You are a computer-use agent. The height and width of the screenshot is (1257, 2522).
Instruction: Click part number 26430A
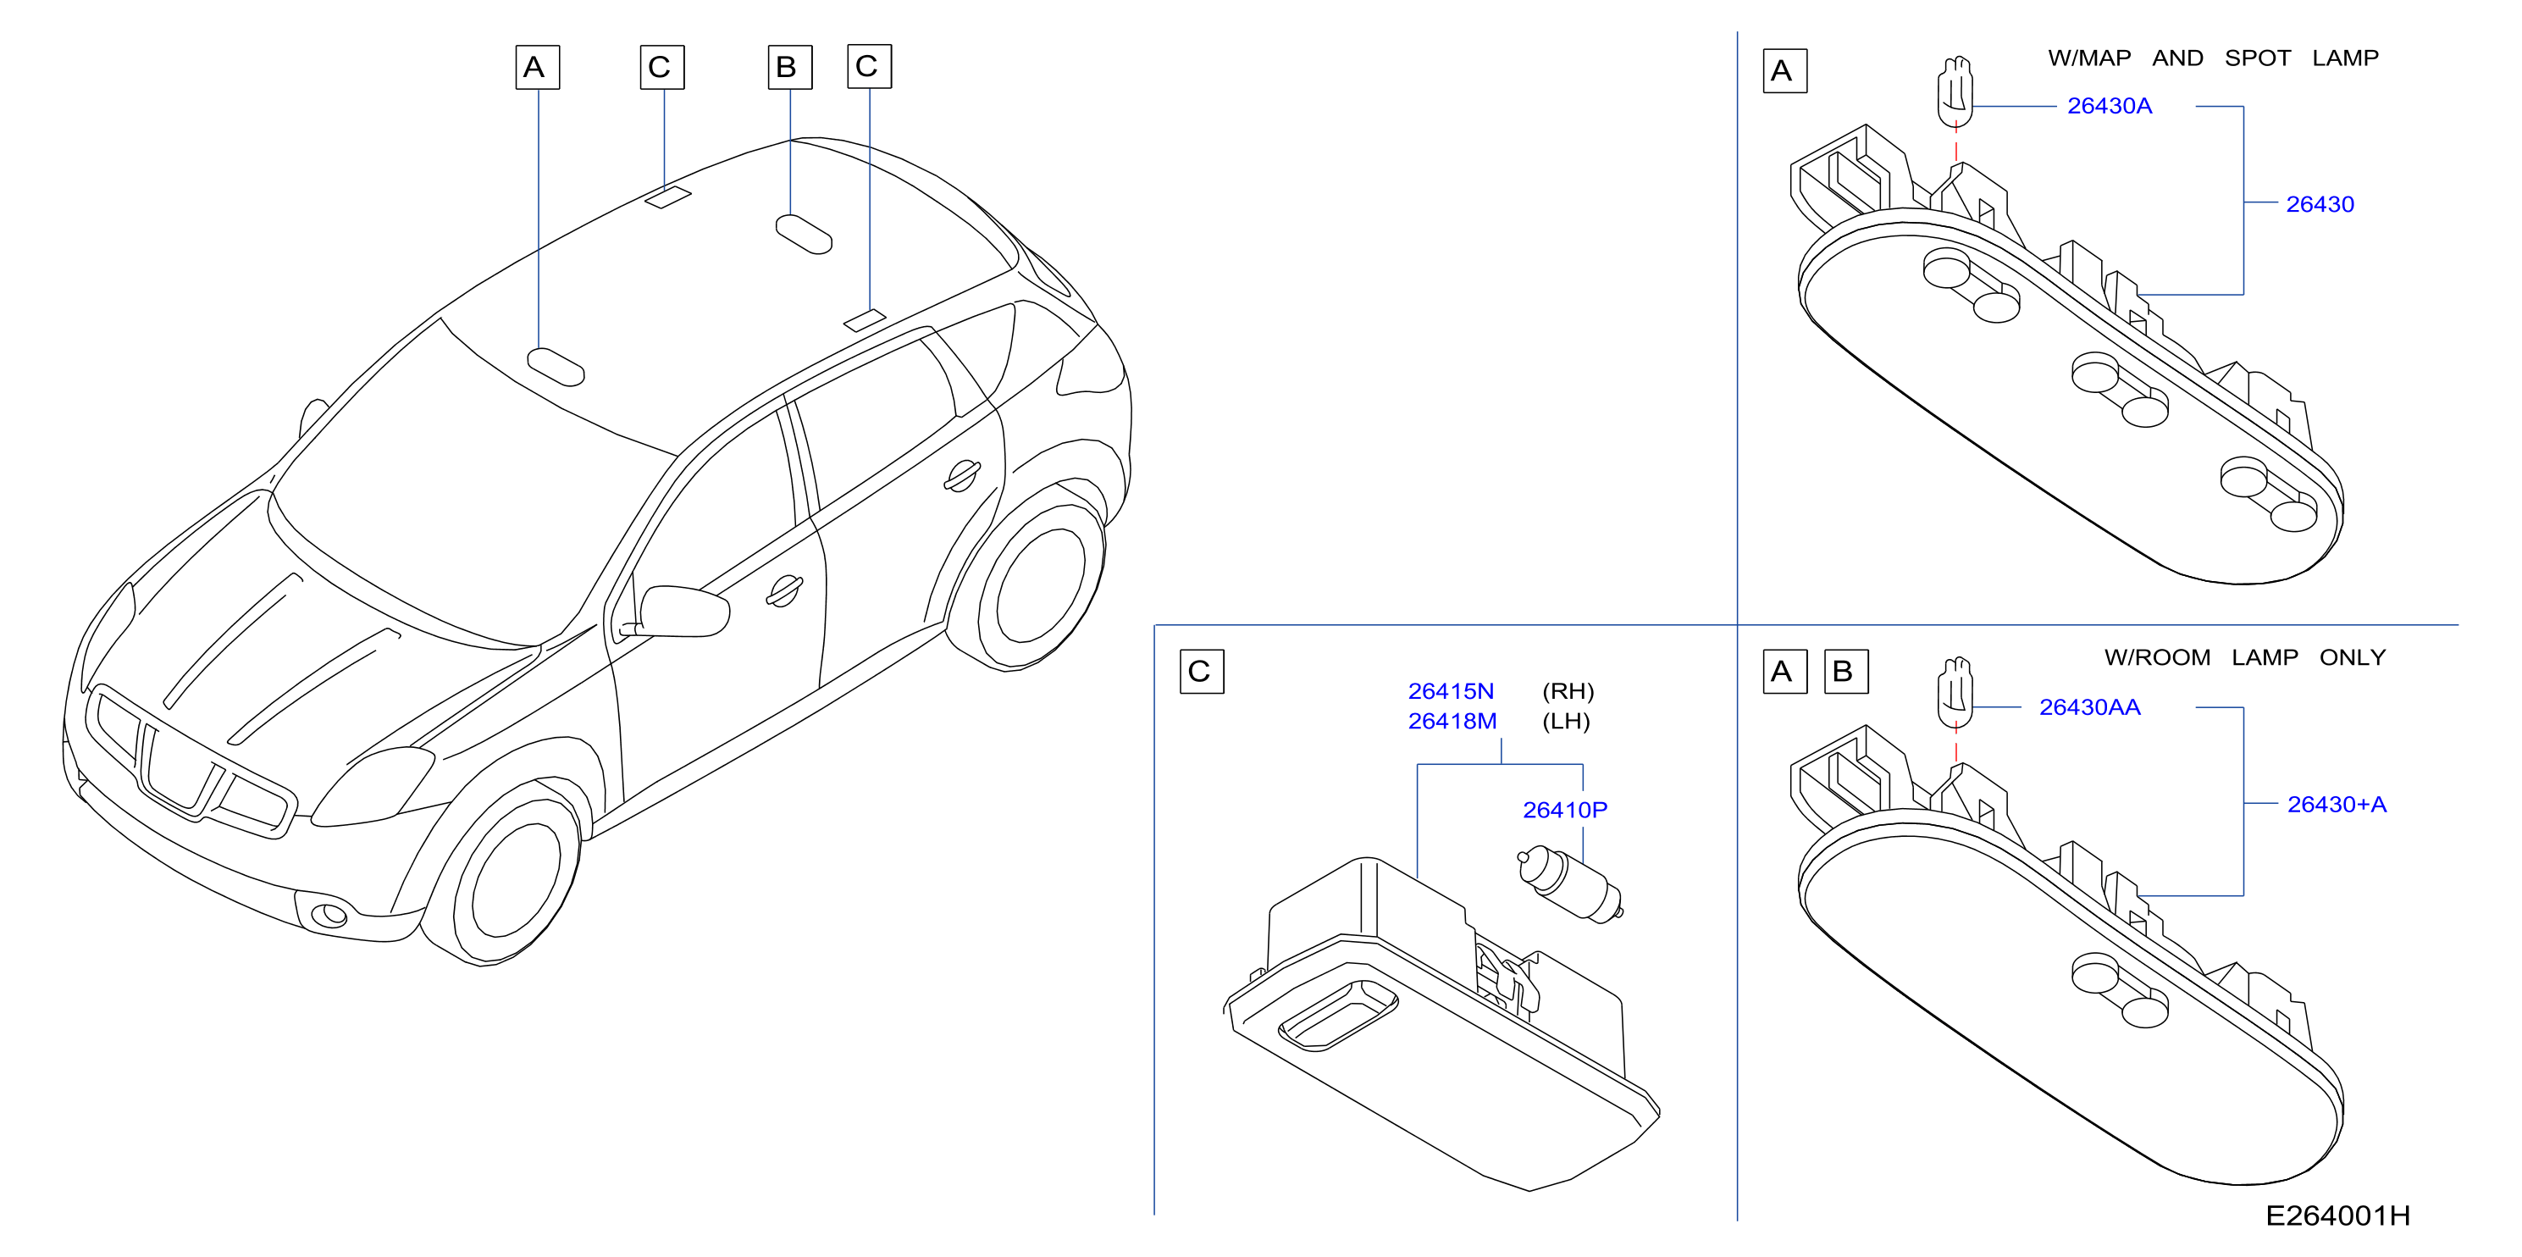[2109, 106]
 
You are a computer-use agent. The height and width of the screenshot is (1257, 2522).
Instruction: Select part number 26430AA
[2089, 706]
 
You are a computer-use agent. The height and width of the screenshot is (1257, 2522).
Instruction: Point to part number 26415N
[1450, 691]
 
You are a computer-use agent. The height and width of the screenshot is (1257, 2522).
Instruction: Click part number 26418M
[1452, 722]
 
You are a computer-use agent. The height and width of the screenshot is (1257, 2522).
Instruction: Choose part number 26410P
[1564, 810]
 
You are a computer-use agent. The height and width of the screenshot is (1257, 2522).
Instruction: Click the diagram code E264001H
[2338, 1215]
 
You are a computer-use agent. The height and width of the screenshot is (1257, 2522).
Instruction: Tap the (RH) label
[1568, 691]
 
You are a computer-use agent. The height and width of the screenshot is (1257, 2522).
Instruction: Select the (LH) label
[1567, 722]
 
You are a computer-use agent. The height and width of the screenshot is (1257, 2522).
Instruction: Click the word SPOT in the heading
[2258, 58]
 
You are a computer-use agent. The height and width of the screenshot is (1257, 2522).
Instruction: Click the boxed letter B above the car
[789, 67]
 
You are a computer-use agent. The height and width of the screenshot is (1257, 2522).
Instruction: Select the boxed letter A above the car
[538, 67]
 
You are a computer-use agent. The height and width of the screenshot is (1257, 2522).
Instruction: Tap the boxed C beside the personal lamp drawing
[1201, 672]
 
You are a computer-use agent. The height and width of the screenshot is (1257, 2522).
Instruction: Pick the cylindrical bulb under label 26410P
[1569, 885]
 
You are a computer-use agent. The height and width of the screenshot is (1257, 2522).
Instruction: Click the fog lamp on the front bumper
[330, 914]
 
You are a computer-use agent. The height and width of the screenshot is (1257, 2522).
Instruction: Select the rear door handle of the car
[961, 476]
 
